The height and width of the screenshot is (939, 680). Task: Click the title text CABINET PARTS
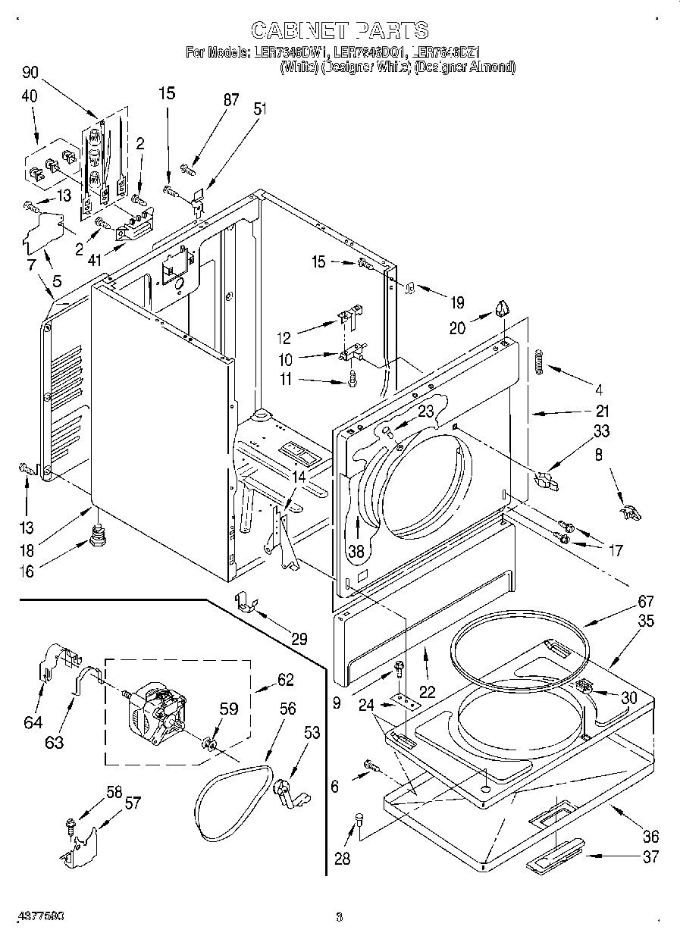click(339, 30)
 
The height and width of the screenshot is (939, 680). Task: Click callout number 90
click(30, 73)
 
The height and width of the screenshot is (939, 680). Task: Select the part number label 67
click(645, 601)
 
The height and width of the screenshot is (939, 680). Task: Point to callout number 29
click(299, 638)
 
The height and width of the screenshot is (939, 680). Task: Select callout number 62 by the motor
click(285, 679)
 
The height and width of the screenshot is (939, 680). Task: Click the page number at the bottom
click(339, 917)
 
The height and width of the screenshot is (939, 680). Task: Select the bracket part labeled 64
click(50, 663)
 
